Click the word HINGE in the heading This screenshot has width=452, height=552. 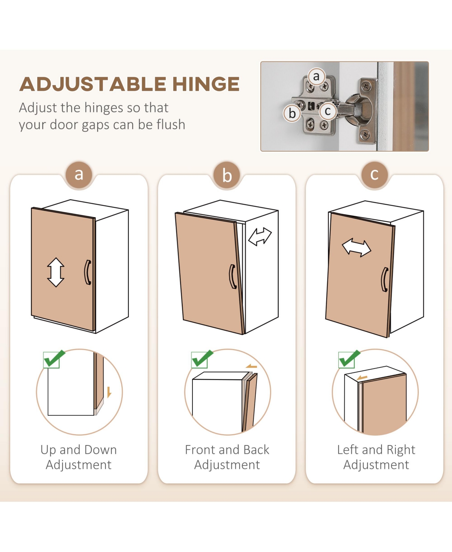click(x=206, y=84)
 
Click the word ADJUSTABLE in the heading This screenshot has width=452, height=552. click(x=93, y=84)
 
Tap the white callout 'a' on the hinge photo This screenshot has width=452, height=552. click(x=317, y=76)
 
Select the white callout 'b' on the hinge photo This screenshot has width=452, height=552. click(x=292, y=113)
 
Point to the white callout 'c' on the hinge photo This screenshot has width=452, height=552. click(x=328, y=111)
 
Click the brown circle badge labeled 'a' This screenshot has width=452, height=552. click(x=79, y=175)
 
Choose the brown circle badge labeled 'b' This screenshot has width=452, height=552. click(x=227, y=175)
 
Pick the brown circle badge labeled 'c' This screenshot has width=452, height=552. click(x=374, y=175)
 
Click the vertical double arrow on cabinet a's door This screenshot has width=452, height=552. click(x=55, y=272)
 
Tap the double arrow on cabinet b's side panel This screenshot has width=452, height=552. click(x=260, y=236)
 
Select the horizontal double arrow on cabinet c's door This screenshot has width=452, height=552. click(x=357, y=247)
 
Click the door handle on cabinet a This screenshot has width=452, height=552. click(x=88, y=272)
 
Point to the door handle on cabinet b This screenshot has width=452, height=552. click(x=232, y=277)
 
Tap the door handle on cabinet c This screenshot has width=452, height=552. click(x=385, y=279)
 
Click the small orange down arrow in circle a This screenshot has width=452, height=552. click(x=109, y=392)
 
